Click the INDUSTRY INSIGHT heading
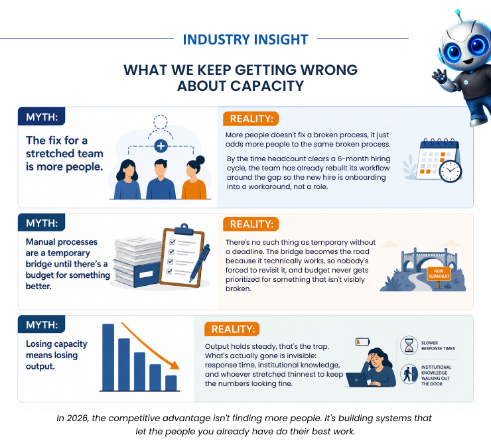[245, 39]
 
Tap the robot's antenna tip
[458, 12]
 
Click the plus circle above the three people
[161, 146]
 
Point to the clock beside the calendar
[450, 171]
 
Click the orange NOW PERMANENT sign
[439, 274]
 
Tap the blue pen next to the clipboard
[200, 263]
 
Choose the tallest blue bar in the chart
[108, 357]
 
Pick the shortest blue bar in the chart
[171, 383]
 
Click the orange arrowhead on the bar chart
[175, 365]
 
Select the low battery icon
[363, 342]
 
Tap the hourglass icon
[409, 346]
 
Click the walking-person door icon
[409, 374]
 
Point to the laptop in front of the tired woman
[357, 380]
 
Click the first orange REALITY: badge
[251, 119]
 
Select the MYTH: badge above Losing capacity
[42, 324]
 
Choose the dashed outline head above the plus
[161, 122]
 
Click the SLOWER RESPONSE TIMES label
[438, 346]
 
